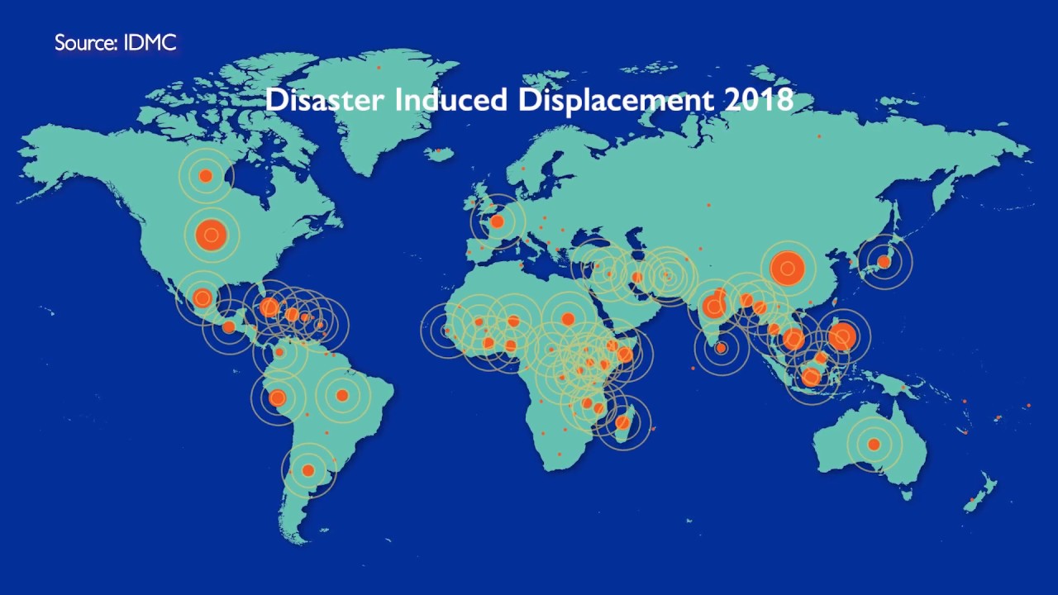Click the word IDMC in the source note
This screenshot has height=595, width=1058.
pos(150,43)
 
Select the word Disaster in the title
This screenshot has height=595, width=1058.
pos(325,100)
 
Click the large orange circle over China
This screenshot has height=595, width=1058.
pos(788,268)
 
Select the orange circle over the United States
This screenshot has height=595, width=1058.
pos(212,235)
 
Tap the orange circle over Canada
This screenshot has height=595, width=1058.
pos(206,176)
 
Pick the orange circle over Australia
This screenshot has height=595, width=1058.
pos(874,445)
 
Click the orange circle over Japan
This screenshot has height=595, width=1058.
pos(884,262)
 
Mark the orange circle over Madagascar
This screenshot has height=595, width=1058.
pos(623,423)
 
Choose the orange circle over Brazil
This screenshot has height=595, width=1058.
pos(341,396)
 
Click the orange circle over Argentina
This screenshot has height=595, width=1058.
pos(308,470)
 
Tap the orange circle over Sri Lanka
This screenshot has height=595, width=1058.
pos(721,349)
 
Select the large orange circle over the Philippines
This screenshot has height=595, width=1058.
pos(841,336)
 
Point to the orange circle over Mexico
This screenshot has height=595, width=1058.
pos(203,298)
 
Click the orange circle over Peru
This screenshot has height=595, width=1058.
pos(278,398)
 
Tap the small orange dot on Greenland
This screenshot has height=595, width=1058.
pos(379,67)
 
